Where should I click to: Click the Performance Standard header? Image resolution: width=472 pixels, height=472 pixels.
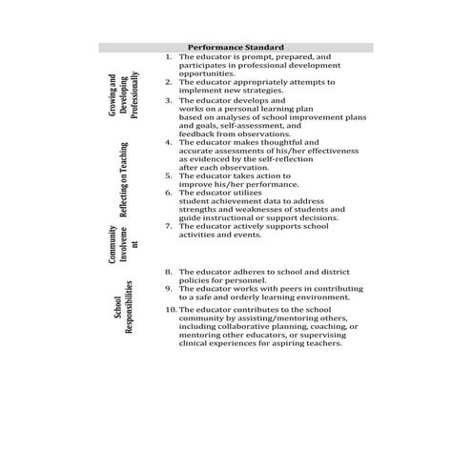click(235, 47)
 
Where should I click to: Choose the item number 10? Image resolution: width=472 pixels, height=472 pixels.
click(170, 310)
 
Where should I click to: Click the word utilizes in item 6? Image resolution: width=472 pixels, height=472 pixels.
click(262, 193)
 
